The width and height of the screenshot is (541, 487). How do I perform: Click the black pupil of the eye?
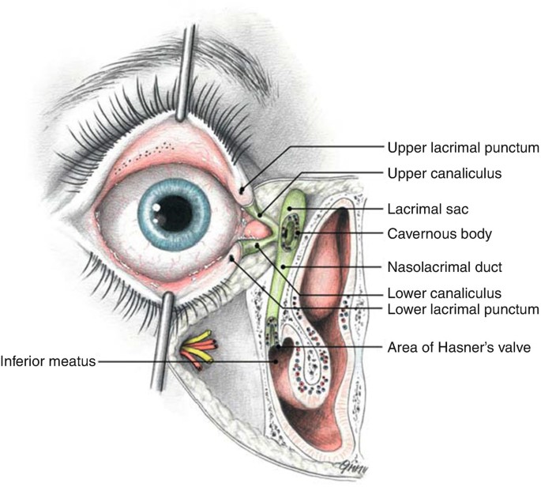[175, 213]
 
